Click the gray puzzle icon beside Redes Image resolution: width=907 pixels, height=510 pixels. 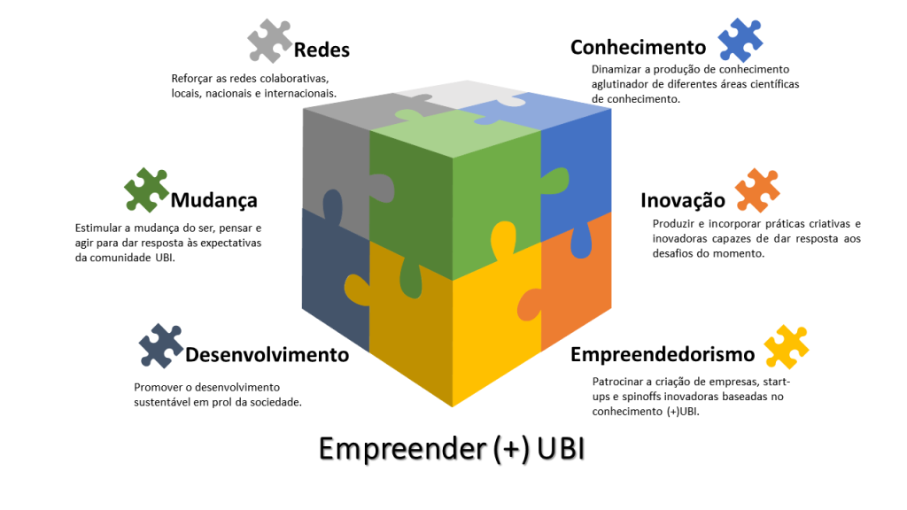[x=269, y=40]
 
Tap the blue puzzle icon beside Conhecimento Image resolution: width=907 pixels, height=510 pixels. [x=740, y=40]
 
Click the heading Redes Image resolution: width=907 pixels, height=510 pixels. [x=322, y=50]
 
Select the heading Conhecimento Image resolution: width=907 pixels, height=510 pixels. [x=638, y=47]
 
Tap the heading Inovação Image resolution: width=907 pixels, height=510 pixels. [x=683, y=201]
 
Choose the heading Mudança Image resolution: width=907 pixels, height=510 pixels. [x=214, y=200]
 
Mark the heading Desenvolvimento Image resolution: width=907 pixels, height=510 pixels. [x=267, y=355]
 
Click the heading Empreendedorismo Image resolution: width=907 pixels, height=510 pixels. [x=663, y=354]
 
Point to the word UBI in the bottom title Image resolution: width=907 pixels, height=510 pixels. [x=561, y=449]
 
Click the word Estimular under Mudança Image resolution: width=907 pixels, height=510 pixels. [x=99, y=228]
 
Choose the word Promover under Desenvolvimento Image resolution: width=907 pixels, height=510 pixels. [x=158, y=387]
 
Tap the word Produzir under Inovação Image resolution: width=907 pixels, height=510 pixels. [x=675, y=223]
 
